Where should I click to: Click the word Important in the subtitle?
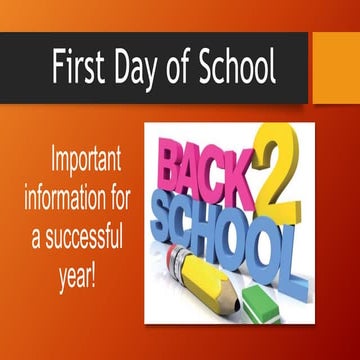[81, 160]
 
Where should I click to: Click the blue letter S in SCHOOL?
[164, 209]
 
